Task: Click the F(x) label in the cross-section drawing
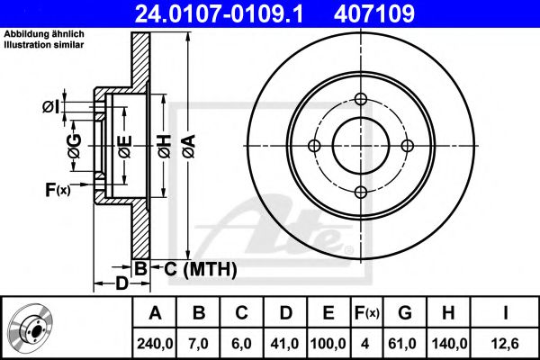point(57,189)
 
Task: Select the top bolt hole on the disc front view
point(361,100)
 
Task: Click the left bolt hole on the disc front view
point(315,146)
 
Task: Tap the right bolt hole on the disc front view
point(407,146)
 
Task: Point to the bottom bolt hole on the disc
point(361,192)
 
